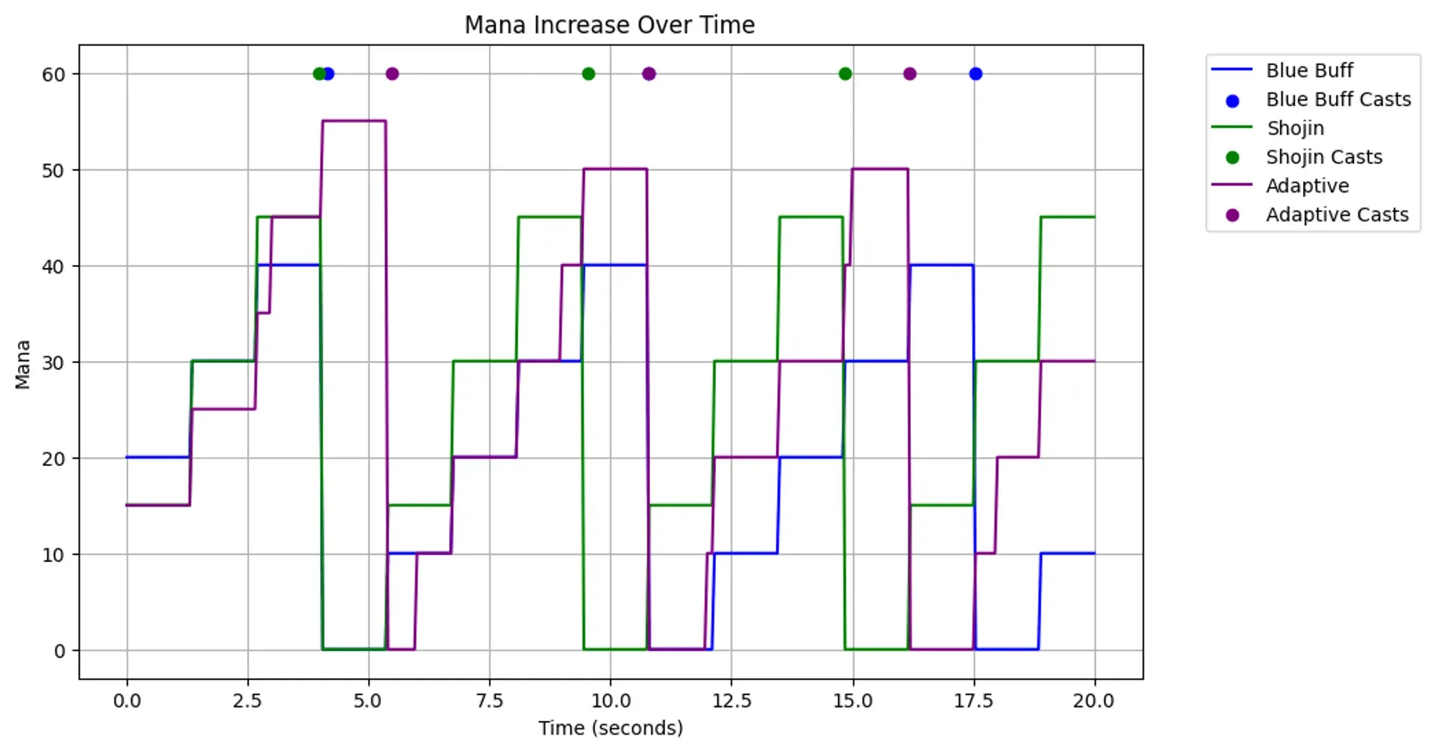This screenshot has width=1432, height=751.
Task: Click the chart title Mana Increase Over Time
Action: point(609,25)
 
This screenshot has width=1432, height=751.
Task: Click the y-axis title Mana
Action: point(23,364)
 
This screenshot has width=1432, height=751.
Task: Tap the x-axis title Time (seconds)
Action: point(611,728)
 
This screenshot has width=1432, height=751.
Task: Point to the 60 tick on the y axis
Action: point(54,74)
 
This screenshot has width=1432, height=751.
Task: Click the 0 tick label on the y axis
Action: point(59,651)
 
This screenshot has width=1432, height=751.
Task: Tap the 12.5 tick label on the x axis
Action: point(732,701)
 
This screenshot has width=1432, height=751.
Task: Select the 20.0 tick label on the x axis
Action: point(1094,701)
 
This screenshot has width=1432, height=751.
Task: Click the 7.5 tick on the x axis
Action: point(490,701)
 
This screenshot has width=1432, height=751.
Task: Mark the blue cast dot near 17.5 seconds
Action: point(975,74)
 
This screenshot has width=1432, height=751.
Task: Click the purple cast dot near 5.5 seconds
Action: point(392,74)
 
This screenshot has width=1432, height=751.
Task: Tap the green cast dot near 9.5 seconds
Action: point(589,74)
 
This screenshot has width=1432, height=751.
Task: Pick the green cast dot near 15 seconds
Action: point(845,74)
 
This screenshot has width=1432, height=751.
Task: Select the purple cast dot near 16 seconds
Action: point(909,74)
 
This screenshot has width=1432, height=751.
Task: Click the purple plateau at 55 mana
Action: point(354,121)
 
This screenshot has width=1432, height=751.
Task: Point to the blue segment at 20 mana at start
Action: point(158,457)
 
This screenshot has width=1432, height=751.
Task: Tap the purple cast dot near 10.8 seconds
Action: point(649,74)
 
